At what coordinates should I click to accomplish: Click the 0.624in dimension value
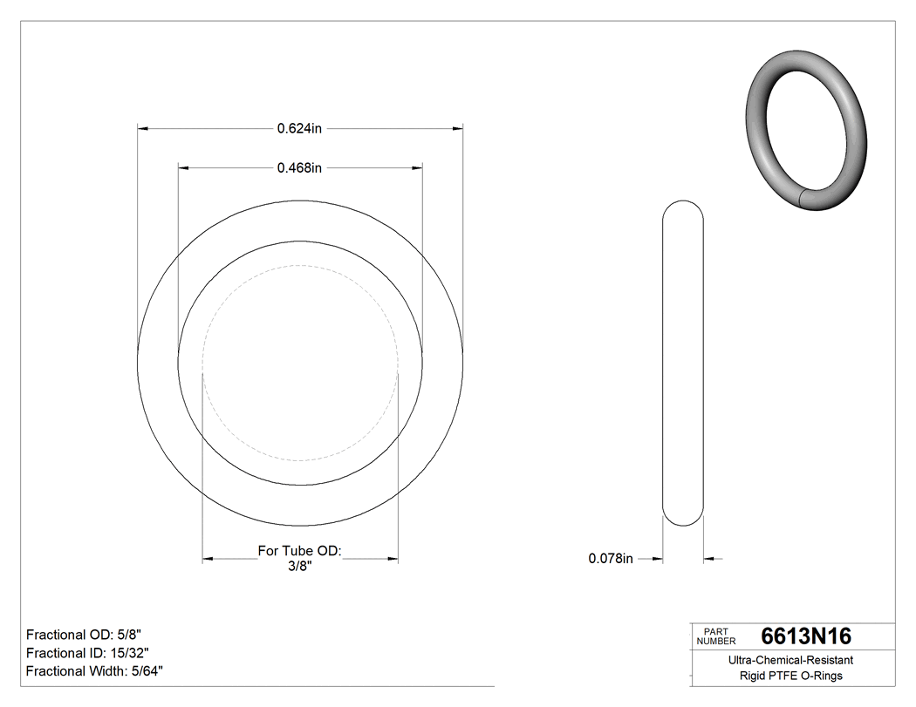pos(299,129)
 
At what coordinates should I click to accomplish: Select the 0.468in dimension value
pos(299,168)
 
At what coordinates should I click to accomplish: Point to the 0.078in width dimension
pos(611,559)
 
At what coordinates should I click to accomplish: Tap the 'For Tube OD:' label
pos(299,551)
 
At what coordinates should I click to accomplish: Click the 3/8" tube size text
pos(299,566)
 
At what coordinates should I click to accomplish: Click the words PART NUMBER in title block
pos(715,636)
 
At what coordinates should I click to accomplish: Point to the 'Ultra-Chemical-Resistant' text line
pos(790,661)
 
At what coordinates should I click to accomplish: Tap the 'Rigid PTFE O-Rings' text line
pos(790,676)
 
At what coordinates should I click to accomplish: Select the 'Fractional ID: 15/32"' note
pos(87,653)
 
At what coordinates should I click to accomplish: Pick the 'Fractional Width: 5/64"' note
pos(94,671)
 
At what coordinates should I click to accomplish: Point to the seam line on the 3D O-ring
pos(803,197)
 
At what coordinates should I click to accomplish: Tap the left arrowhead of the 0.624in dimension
pos(143,129)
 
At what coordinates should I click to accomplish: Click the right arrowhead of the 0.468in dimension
pos(418,168)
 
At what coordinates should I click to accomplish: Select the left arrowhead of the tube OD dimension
pos(208,559)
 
